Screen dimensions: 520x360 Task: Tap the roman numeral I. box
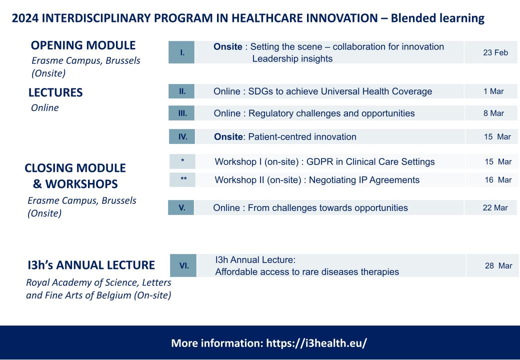tap(181, 52)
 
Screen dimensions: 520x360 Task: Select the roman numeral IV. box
tap(182, 136)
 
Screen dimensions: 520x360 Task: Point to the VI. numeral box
tap(183, 265)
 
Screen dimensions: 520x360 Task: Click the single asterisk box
tap(182, 161)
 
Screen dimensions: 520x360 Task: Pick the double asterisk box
tap(182, 179)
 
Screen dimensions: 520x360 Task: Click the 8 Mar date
tap(493, 113)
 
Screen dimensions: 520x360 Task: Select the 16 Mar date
tap(498, 180)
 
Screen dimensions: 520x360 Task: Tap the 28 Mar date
tap(498, 266)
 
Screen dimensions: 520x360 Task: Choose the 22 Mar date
tap(495, 208)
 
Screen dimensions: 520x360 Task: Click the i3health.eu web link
tap(316, 343)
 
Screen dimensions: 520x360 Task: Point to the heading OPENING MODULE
tap(83, 45)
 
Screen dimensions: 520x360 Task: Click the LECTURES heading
tap(55, 92)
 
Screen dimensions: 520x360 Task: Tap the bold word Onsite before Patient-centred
tap(228, 136)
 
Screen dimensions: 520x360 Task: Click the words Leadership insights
tap(292, 58)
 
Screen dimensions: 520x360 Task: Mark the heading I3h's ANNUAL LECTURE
tap(91, 265)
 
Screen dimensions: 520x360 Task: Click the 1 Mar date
tap(493, 91)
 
